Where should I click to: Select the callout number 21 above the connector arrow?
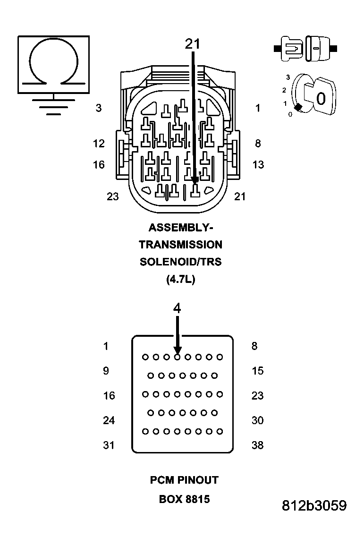[x=192, y=44]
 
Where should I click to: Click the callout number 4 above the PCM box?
[x=177, y=308]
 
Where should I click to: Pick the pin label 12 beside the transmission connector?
[x=99, y=144]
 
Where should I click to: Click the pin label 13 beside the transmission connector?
[x=258, y=165]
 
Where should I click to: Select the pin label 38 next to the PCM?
[x=257, y=445]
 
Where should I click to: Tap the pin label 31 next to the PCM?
[x=109, y=445]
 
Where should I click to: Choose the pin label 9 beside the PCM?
[x=106, y=371]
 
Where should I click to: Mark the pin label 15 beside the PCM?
[x=257, y=371]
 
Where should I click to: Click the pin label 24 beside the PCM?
[x=109, y=420]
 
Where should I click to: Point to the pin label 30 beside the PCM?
[x=257, y=420]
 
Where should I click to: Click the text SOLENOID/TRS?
[x=180, y=262]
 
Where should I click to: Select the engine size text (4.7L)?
[x=180, y=279]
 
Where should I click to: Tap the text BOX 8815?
[x=184, y=499]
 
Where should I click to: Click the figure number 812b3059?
[x=314, y=506]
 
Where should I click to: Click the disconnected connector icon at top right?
[x=305, y=49]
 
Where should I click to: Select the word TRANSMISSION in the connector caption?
[x=180, y=245]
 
